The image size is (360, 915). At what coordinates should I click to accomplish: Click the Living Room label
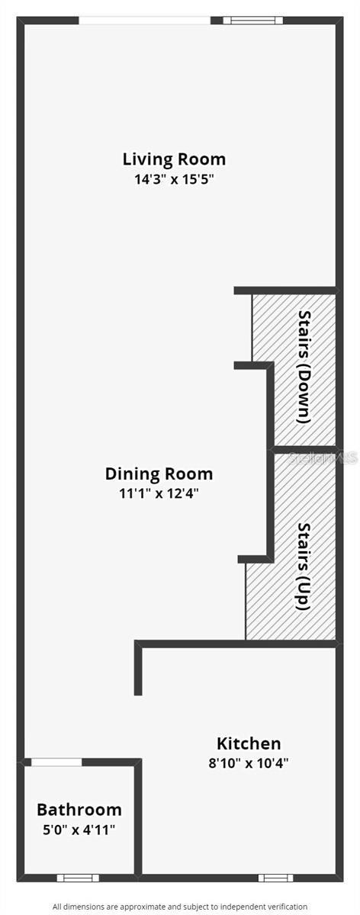click(x=174, y=159)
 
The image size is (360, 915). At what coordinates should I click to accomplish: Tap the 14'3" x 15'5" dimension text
click(x=175, y=179)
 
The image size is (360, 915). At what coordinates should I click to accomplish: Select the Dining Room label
click(x=159, y=474)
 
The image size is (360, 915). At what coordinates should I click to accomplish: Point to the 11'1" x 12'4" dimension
click(x=159, y=493)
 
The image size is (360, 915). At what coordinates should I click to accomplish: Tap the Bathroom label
click(x=79, y=810)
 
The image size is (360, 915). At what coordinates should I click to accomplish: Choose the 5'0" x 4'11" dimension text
click(x=79, y=830)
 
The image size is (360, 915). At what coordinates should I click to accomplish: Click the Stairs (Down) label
click(x=304, y=367)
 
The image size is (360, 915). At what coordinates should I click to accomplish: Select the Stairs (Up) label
click(x=304, y=567)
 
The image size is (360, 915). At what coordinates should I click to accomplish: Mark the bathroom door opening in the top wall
click(x=56, y=762)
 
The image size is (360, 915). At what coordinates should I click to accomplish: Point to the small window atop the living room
click(x=252, y=21)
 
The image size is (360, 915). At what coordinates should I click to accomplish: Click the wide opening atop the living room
click(x=145, y=21)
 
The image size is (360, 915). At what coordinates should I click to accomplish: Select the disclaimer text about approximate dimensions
click(x=180, y=907)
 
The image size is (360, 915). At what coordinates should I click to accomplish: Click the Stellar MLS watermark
click(x=323, y=458)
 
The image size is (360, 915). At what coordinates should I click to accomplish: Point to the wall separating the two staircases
click(x=304, y=449)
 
